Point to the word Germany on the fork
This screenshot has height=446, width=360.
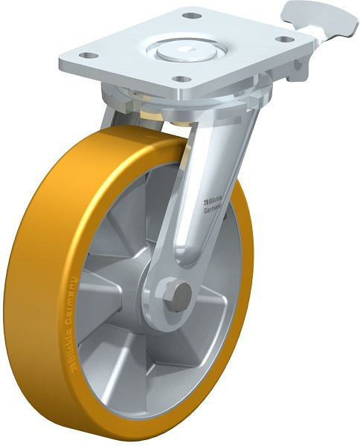pyautogui.click(x=213, y=210)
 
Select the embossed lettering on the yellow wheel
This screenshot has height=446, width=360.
pyautogui.click(x=74, y=327)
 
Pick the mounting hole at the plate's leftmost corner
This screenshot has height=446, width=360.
pyautogui.click(x=86, y=55)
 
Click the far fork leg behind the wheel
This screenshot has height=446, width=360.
pyautogui.click(x=112, y=119)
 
